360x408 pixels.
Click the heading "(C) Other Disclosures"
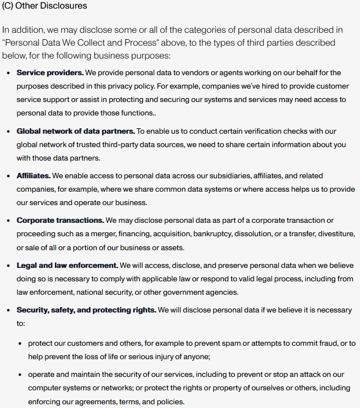pos(45,6)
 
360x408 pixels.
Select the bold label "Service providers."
pos(50,72)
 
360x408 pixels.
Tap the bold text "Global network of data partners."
pos(75,131)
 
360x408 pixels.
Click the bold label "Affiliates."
pos(33,176)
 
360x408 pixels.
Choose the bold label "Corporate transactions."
pos(60,220)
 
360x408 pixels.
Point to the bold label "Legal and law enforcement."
pos(67,265)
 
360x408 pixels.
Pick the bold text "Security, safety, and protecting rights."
pos(86,310)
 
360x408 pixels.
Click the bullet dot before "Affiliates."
pos(9,176)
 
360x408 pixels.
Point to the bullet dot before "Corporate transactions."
pos(9,220)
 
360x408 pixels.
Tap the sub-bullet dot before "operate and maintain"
pos(20,374)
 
